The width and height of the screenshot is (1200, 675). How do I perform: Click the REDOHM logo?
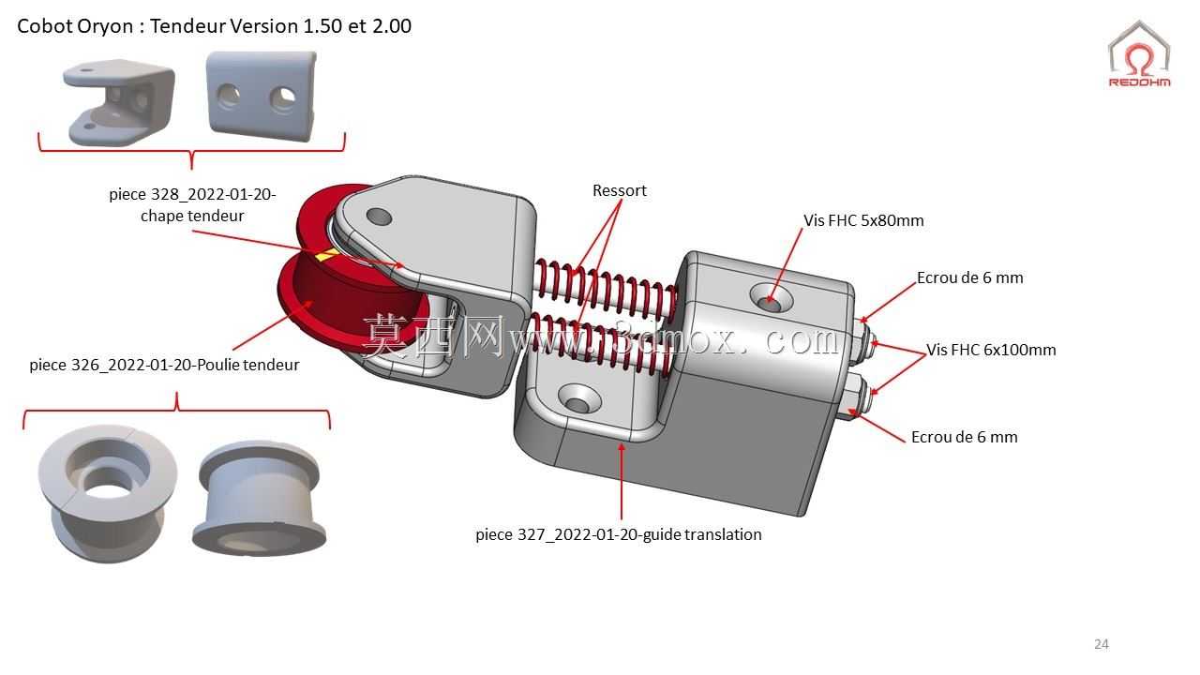[x=1139, y=53]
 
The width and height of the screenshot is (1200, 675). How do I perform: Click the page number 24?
[x=1102, y=644]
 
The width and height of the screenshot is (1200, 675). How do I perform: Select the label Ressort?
[x=620, y=190]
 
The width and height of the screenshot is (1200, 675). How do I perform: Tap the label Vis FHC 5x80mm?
[x=863, y=220]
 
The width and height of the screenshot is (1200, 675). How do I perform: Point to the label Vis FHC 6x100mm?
[x=991, y=350]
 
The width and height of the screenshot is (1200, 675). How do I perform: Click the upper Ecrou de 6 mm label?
[x=969, y=277]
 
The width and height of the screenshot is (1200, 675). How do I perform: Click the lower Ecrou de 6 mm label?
[x=965, y=437]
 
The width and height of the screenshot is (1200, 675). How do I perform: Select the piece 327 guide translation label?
[x=618, y=534]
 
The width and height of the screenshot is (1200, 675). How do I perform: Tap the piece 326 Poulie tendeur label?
[x=164, y=365]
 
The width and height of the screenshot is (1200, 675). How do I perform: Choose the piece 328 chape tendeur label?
[x=192, y=204]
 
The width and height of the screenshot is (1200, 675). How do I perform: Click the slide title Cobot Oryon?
[x=215, y=25]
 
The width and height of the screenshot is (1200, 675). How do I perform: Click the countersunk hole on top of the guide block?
[x=771, y=299]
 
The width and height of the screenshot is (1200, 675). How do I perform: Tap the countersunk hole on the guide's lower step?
[x=579, y=398]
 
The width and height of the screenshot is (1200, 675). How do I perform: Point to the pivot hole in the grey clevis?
[x=379, y=217]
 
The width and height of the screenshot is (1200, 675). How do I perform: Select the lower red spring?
[x=600, y=343]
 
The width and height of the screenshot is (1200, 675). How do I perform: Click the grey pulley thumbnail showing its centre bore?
[x=108, y=493]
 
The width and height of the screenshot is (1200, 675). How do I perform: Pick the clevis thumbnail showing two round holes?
[x=262, y=96]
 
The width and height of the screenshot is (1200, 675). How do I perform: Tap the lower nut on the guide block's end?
[x=857, y=397]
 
